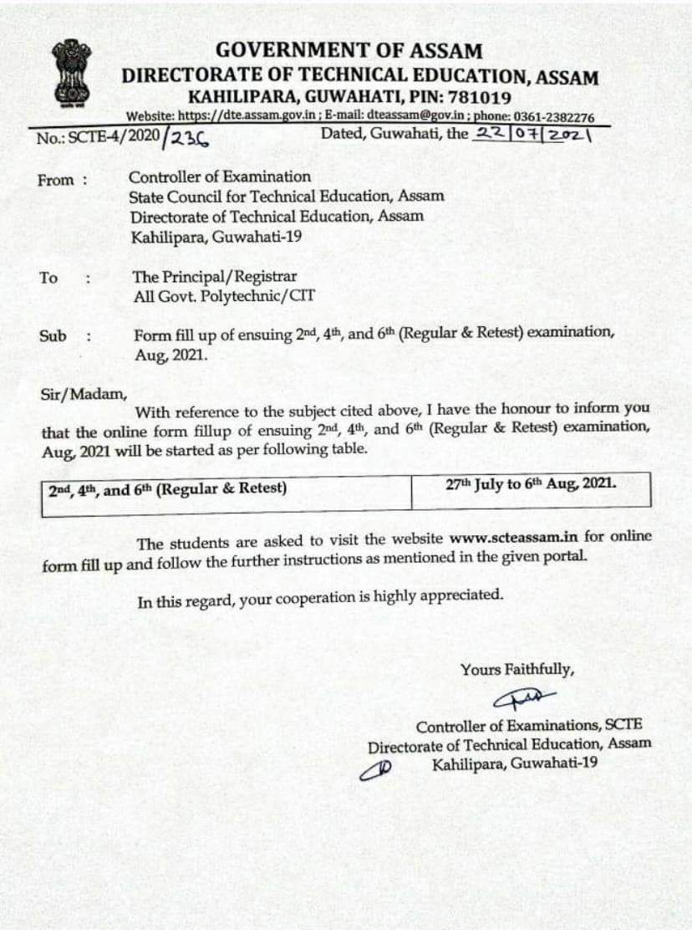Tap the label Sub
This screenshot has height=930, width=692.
pos(53,336)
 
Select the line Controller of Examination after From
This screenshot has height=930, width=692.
pos(220,176)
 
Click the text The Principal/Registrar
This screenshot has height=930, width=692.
pos(215,277)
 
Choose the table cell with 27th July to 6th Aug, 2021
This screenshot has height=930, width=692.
pos(531,485)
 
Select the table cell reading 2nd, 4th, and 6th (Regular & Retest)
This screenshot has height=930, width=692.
pos(167,488)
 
